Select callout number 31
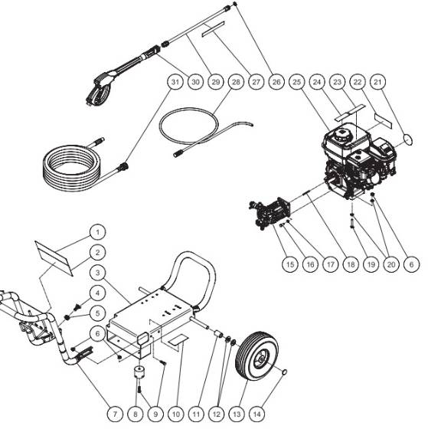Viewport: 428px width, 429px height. pyautogui.click(x=175, y=80)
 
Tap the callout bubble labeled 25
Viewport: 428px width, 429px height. pyautogui.click(x=296, y=81)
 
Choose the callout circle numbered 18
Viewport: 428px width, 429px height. pyautogui.click(x=351, y=263)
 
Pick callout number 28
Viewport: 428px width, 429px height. pyautogui.click(x=235, y=80)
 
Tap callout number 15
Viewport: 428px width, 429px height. pyautogui.click(x=288, y=263)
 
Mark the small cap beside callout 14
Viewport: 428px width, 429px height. pyautogui.click(x=286, y=373)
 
